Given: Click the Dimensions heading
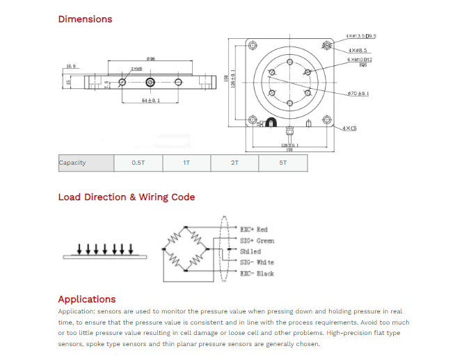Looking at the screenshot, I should click(85, 19).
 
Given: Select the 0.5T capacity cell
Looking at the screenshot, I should click(138, 163).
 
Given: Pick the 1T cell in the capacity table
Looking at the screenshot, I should click(186, 163).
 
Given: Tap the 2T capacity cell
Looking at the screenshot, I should click(234, 163).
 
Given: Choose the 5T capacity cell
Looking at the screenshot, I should click(282, 163).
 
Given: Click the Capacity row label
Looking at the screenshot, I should click(73, 163).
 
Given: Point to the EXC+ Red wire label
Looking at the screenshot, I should click(253, 229).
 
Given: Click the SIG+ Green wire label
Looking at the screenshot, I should click(257, 240).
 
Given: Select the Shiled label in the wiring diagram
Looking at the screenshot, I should click(250, 251).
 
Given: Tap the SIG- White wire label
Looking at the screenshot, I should click(257, 262).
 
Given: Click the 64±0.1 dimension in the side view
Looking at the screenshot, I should click(150, 101).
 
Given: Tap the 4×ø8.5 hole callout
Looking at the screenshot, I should click(358, 50).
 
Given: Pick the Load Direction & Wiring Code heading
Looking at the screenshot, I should click(126, 197).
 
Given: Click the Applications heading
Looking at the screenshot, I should click(87, 299).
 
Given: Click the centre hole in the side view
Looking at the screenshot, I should click(150, 83).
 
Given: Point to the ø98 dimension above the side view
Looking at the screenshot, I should click(150, 58).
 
